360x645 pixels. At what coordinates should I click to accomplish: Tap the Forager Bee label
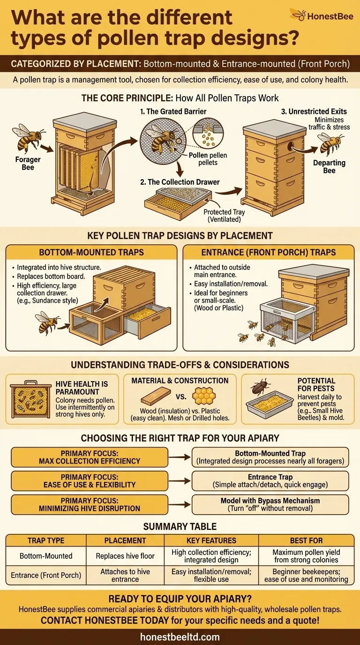click(28, 163)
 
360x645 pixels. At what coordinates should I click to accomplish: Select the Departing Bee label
click(329, 166)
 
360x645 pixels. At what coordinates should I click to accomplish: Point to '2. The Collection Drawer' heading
click(180, 182)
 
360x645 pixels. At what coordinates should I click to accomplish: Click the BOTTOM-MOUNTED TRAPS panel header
click(91, 252)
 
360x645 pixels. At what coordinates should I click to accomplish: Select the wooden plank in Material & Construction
click(154, 397)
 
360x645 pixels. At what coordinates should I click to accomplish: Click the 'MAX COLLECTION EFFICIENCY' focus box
click(89, 457)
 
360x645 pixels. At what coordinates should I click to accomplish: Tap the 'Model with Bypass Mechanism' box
click(270, 504)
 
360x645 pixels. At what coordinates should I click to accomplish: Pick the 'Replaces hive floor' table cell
click(125, 556)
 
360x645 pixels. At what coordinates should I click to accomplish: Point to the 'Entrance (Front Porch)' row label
click(46, 575)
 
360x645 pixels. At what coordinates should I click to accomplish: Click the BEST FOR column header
click(306, 540)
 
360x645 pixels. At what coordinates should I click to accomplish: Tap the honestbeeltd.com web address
click(180, 637)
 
